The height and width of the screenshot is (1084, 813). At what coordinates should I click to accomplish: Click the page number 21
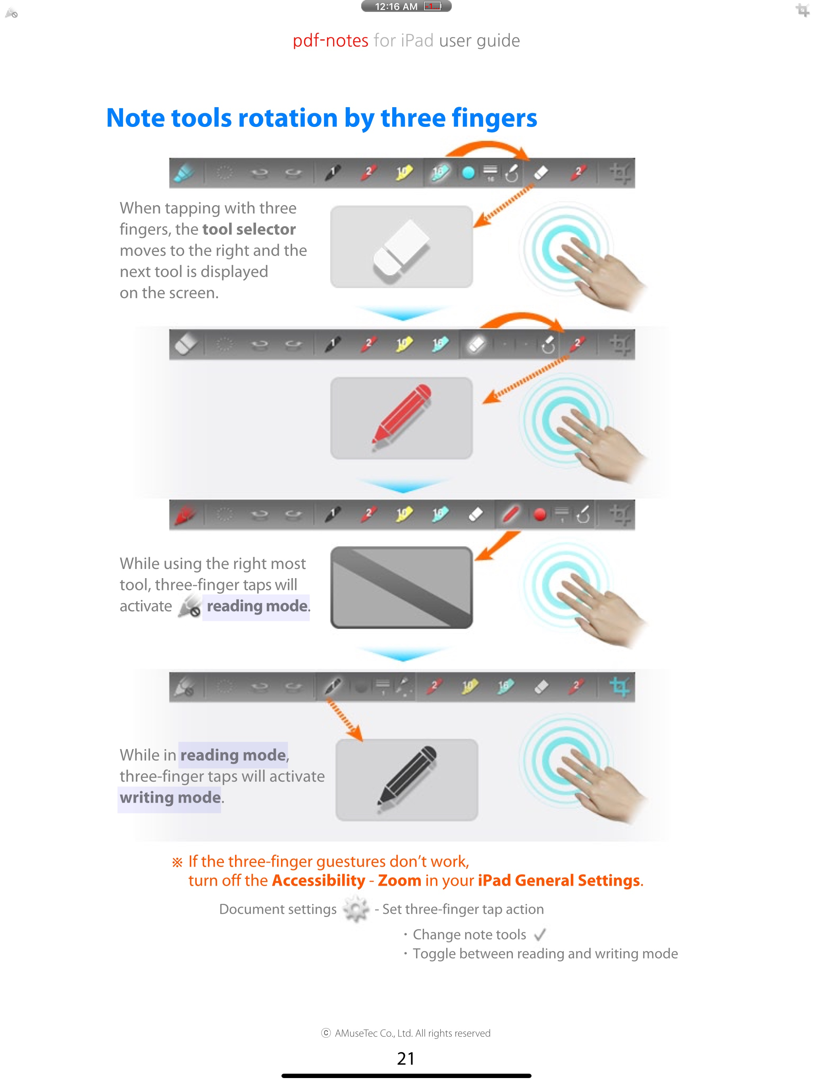click(406, 1059)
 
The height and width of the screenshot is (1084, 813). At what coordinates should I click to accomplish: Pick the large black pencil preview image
click(406, 780)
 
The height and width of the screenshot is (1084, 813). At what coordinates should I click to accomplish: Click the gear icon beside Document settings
click(356, 909)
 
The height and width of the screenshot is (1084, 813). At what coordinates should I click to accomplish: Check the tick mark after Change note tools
click(540, 934)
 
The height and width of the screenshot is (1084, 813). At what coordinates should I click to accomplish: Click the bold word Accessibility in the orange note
click(319, 880)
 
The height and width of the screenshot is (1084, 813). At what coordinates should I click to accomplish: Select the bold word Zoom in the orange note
click(399, 880)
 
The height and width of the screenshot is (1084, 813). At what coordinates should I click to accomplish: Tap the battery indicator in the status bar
click(432, 6)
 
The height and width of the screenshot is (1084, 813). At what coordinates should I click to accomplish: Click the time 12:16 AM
click(396, 6)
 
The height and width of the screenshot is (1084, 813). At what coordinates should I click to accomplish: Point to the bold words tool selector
click(249, 229)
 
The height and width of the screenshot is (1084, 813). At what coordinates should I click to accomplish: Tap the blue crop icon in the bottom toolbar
click(619, 686)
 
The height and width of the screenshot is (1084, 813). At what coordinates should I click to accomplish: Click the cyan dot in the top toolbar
click(468, 173)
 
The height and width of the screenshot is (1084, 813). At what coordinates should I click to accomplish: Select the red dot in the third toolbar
click(540, 515)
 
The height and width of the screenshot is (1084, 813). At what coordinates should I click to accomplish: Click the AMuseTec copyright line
click(406, 1033)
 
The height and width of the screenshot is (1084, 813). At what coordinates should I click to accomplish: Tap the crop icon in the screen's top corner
click(802, 10)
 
